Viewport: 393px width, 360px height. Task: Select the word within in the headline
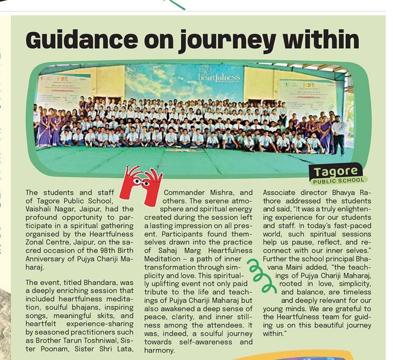coord(322,39)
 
